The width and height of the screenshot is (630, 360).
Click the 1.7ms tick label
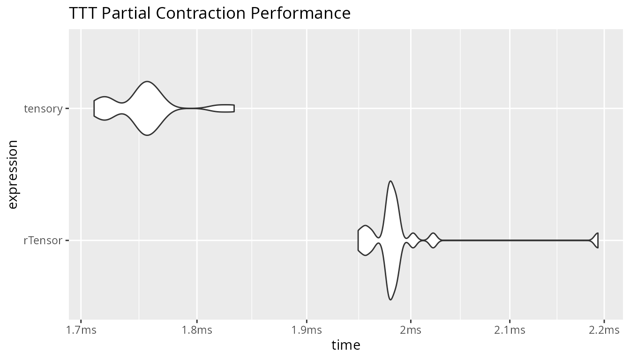81,330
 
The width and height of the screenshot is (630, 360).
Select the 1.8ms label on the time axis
197,330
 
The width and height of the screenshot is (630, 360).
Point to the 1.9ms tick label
307,330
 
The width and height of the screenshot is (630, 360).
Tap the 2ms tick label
411,330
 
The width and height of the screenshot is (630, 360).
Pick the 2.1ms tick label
510,330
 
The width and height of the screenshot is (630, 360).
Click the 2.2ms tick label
604,330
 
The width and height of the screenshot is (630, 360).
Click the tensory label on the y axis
43,109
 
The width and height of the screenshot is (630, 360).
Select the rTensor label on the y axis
43,240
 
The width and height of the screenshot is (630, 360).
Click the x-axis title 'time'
345,345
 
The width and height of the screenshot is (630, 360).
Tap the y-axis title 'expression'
13,175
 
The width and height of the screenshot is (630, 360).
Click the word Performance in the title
300,13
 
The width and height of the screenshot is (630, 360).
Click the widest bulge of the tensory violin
147,108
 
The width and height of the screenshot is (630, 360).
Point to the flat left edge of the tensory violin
94,108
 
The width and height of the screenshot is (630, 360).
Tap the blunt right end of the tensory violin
234,108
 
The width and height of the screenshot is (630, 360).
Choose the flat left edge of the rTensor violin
358,240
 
